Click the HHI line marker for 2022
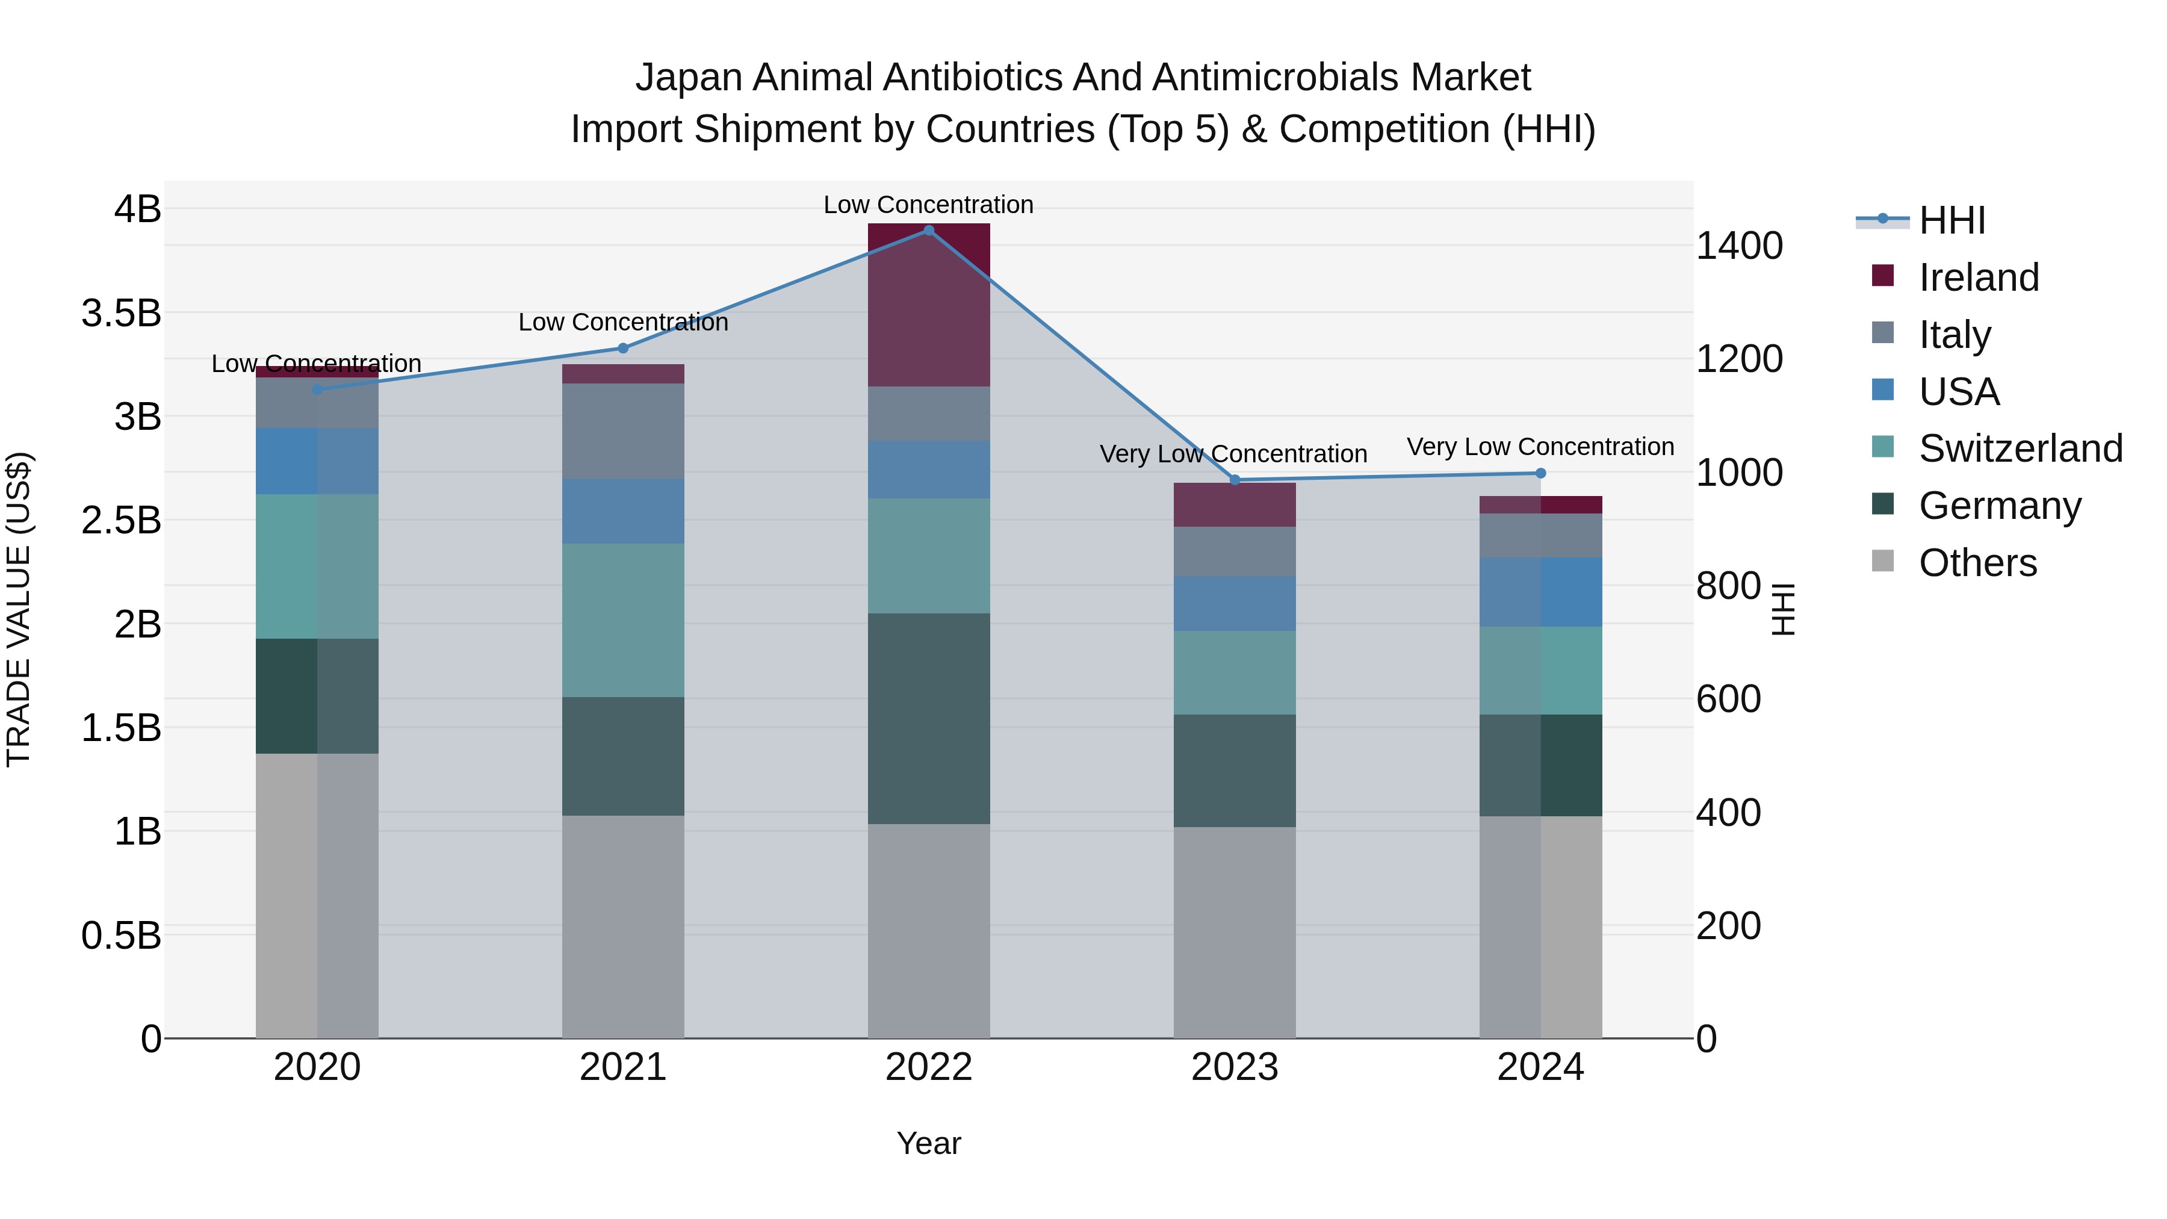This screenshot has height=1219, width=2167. [929, 231]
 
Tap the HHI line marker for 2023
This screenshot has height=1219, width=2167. [1235, 480]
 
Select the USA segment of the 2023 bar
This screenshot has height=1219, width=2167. [1235, 603]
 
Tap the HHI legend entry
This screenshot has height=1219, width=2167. [1952, 220]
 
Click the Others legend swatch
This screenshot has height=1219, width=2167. [1883, 561]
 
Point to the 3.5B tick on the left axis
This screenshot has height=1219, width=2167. [121, 313]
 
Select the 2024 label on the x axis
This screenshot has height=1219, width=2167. [1540, 1067]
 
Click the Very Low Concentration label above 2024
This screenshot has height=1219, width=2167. [1540, 447]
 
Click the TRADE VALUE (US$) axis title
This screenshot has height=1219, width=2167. [19, 609]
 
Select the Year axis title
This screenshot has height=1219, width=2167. [929, 1143]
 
